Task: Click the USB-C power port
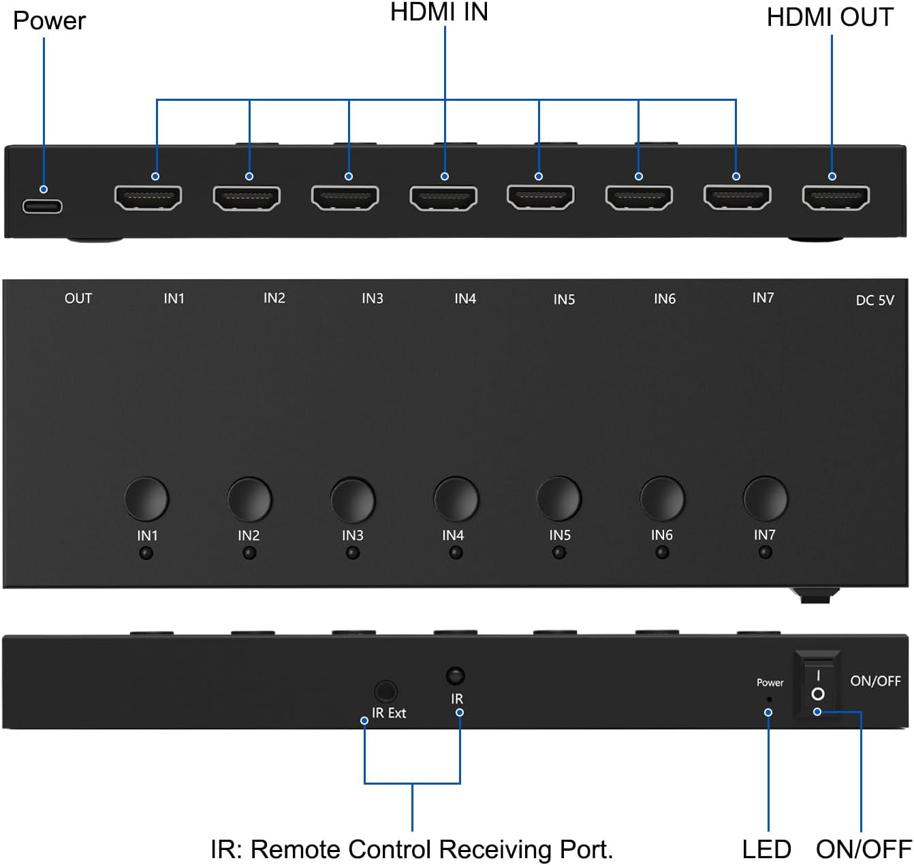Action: pyautogui.click(x=42, y=206)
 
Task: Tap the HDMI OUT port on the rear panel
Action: pyautogui.click(x=836, y=198)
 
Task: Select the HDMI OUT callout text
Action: pyautogui.click(x=830, y=18)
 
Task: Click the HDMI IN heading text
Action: pyautogui.click(x=439, y=12)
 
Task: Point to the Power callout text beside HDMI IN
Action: pyautogui.click(x=49, y=21)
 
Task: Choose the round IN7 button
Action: pyautogui.click(x=765, y=499)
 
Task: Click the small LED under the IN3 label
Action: pyautogui.click(x=353, y=553)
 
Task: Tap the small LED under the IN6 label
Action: pyautogui.click(x=662, y=552)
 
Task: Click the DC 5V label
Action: pyautogui.click(x=874, y=300)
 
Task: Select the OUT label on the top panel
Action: pyautogui.click(x=78, y=298)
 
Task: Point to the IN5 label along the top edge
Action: pyautogui.click(x=564, y=299)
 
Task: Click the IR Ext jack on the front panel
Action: pyautogui.click(x=386, y=692)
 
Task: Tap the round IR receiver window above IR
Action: pyautogui.click(x=455, y=676)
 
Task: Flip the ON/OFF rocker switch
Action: pyautogui.click(x=818, y=685)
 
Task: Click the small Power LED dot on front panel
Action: pyautogui.click(x=770, y=699)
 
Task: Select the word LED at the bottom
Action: pyautogui.click(x=766, y=849)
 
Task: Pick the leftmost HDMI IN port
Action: pyautogui.click(x=148, y=198)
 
